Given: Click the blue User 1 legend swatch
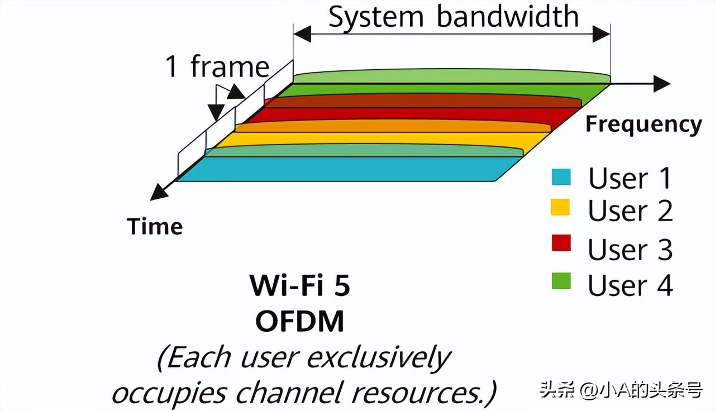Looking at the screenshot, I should click(561, 177).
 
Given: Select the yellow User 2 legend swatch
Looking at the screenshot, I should click(561, 207).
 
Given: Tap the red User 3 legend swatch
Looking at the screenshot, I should click(561, 243).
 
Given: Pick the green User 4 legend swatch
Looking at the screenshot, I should click(561, 281).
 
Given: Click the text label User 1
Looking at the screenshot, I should click(630, 178).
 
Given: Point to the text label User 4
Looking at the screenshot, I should click(630, 285).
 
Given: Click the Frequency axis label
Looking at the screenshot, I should click(643, 124).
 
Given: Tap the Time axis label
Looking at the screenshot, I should click(155, 226).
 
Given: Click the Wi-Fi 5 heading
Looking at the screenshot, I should click(300, 286).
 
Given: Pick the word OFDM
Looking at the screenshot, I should click(300, 322).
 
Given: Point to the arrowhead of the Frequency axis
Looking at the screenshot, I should click(662, 84).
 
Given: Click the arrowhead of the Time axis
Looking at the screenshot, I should click(157, 193).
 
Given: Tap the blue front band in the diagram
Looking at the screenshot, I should click(346, 169).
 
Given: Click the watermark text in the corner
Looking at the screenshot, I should click(621, 389).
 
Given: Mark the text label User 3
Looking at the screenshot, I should click(630, 250).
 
